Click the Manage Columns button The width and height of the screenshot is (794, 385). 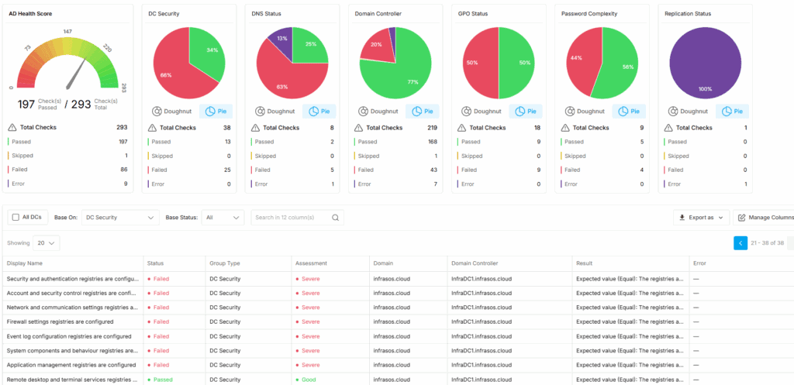click(765, 218)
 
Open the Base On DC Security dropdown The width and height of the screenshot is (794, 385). click(120, 218)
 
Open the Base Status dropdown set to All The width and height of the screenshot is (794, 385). click(223, 218)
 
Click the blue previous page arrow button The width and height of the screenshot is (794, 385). click(740, 243)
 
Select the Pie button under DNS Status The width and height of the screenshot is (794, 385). click(319, 112)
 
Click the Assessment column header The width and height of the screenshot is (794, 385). click(310, 263)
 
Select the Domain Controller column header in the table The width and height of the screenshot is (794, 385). click(475, 263)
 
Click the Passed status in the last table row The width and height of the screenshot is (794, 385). click(162, 380)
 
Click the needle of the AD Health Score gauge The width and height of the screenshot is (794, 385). click(78, 75)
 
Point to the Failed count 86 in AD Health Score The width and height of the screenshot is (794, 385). click(122, 169)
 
